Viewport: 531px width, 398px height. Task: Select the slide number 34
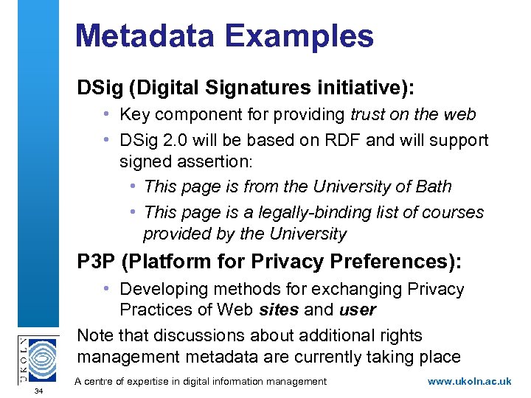[x=38, y=391]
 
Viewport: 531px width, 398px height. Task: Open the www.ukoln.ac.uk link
[x=469, y=381]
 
